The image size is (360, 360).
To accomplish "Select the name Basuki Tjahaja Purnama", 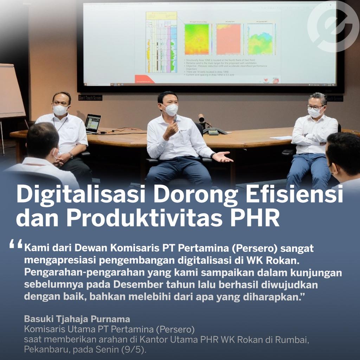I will [x=77, y=319].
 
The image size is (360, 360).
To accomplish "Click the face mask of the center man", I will [x=171, y=110].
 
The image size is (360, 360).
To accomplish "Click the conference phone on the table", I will [x=213, y=131].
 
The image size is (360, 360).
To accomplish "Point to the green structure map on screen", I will [x=197, y=39].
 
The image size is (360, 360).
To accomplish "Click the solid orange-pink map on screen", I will [x=228, y=39].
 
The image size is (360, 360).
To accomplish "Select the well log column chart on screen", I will [x=161, y=42].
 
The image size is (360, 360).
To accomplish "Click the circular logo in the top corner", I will [x=332, y=26].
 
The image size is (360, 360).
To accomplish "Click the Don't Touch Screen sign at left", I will [x=90, y=98].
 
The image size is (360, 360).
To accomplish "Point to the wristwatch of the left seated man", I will [x=71, y=155].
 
